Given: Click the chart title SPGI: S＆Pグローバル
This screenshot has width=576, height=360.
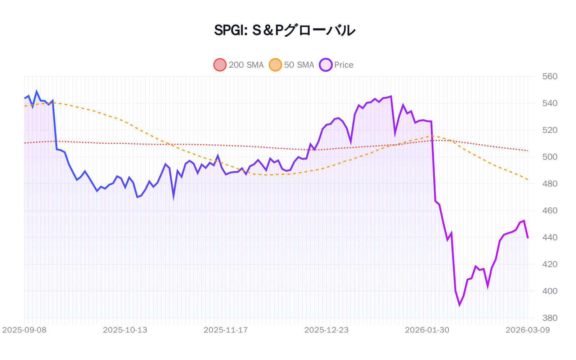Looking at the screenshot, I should pos(284,30).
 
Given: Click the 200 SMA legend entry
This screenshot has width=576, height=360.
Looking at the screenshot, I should pos(239,65).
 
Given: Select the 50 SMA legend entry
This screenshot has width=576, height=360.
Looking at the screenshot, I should pos(292,65).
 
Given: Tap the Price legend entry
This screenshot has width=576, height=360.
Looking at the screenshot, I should pos(336,65).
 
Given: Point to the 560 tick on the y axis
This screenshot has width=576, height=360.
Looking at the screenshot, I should pos(550,76).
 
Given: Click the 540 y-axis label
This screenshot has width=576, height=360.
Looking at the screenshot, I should pos(550,103).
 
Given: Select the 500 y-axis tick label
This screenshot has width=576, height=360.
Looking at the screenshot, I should pos(550,157).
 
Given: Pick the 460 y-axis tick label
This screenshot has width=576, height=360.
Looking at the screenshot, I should pos(550,211).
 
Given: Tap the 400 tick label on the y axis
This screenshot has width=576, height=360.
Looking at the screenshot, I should pos(550,291).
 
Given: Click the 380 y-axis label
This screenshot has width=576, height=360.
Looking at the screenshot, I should pos(550,318).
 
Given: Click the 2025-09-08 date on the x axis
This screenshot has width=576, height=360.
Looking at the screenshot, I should pos(24,330).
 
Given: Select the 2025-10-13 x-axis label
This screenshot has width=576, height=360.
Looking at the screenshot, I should pos(125,330).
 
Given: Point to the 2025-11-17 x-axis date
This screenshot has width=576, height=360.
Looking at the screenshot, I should pos(226,330).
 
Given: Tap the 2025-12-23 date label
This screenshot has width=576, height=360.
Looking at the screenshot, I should pos(326,330).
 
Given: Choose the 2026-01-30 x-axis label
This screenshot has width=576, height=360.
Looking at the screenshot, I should pos(427,330).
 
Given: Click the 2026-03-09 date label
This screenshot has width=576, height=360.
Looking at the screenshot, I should pos(527,330).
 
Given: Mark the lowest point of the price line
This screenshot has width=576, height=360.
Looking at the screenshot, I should pos(459,305).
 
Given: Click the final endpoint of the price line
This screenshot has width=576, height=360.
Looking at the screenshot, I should pos(528,238).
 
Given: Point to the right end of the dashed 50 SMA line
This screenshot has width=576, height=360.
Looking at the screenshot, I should pos(528,179).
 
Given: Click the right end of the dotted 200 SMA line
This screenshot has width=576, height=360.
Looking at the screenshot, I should pos(528,150).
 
